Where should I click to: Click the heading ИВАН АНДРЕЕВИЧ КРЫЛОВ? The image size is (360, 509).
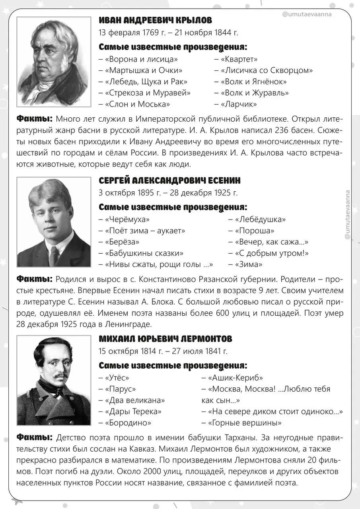coord(155,20)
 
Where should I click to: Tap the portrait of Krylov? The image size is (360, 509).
coord(54,62)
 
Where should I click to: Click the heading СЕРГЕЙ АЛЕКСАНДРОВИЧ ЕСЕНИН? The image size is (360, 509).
coord(169,181)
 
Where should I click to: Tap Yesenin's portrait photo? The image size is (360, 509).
coord(54,222)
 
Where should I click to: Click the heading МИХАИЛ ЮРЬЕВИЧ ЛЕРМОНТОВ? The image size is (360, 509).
coord(165,339)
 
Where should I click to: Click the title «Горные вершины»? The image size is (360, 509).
coord(244,423)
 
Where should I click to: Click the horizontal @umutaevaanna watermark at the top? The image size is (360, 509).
coord(306,14)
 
